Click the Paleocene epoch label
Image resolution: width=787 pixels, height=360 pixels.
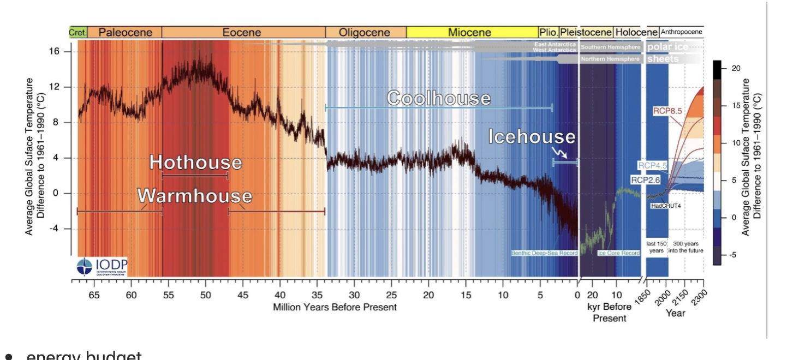124,32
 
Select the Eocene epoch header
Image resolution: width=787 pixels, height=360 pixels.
242,32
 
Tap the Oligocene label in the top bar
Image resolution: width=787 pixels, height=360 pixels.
365,32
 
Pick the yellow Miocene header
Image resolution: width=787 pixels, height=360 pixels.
470,32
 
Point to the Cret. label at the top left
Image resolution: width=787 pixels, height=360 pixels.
77,32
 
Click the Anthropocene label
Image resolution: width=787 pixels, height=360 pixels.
682,32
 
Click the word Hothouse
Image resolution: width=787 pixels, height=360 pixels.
195,163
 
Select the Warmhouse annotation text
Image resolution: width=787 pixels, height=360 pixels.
195,196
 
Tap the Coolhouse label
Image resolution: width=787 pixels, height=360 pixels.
439,98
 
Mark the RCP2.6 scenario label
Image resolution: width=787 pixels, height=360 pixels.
646,179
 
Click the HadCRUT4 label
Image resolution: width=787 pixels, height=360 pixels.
664,206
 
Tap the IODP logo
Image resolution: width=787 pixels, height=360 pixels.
102,266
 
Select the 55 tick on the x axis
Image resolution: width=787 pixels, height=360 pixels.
169,295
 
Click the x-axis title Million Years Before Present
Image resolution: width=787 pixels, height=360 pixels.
335,307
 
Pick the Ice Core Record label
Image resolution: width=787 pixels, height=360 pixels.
618,253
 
